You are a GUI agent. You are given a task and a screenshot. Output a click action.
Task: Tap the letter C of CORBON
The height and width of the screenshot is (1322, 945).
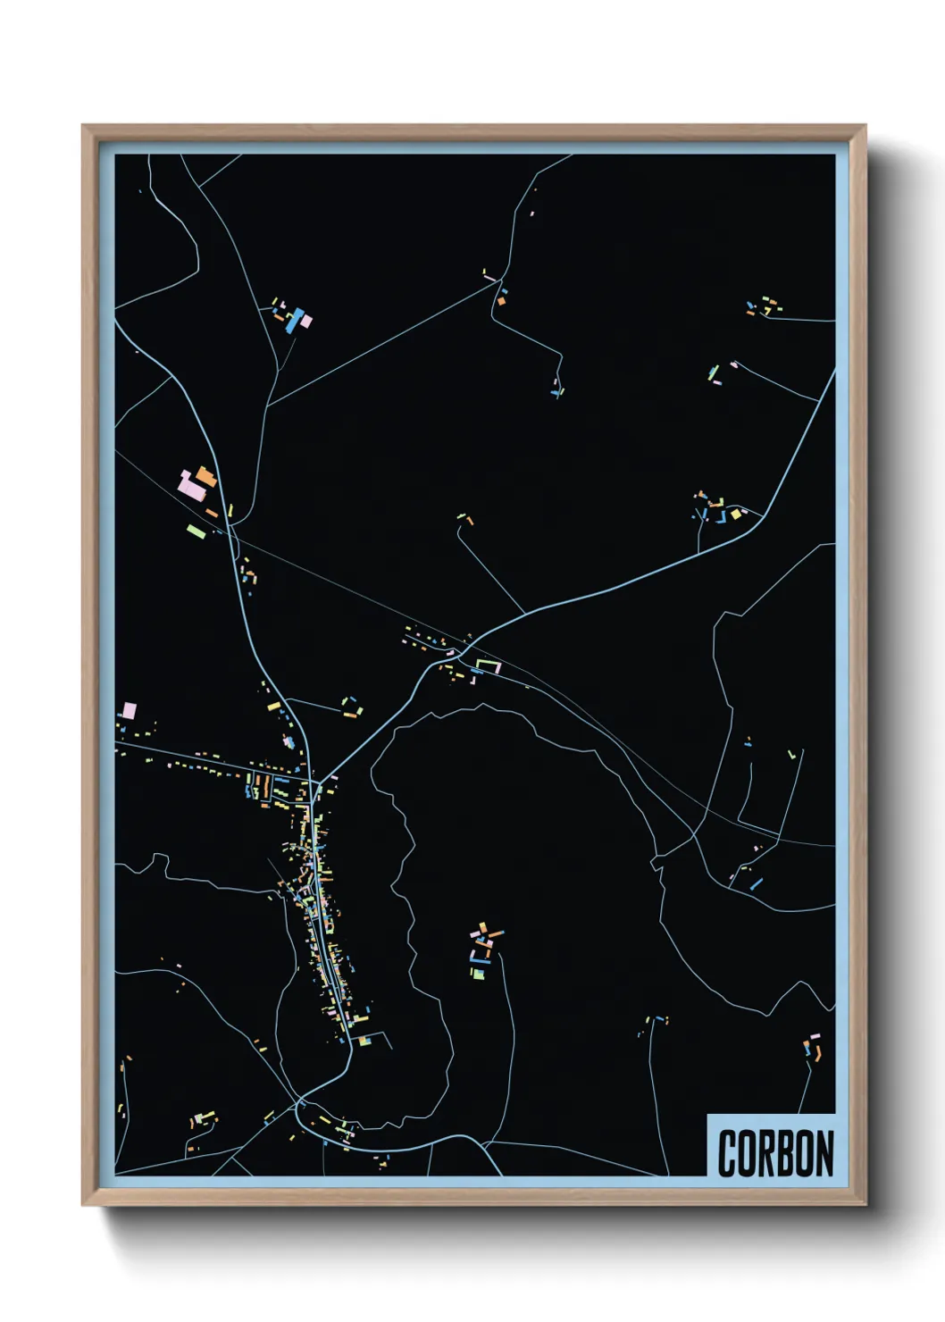tap(727, 1153)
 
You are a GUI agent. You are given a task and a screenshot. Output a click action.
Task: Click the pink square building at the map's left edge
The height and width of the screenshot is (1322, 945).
tap(130, 711)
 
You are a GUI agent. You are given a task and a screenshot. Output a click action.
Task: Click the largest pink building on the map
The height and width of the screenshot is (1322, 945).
tap(191, 485)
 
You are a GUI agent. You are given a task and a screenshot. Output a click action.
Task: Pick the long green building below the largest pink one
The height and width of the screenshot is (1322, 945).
tap(197, 531)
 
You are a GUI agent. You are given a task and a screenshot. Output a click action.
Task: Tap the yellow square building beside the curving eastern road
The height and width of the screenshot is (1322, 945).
tap(736, 515)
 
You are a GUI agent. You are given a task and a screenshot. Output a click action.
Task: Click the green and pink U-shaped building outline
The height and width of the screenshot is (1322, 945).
tap(488, 665)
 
